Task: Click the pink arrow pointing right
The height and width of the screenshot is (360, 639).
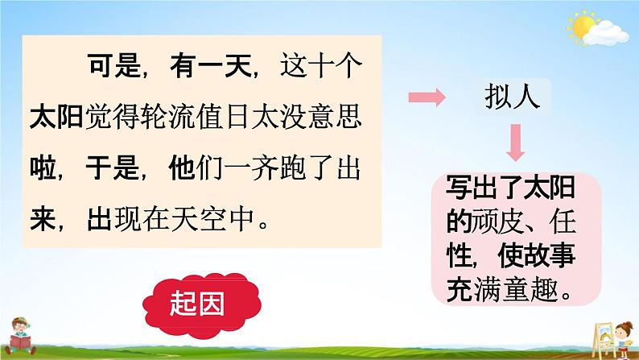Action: (427, 97)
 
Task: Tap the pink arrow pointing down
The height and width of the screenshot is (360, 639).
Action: (516, 143)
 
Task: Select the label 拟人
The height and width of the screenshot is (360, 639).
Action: (513, 97)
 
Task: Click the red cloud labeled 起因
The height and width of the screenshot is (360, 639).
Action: (202, 305)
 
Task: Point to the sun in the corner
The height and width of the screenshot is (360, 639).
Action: (583, 27)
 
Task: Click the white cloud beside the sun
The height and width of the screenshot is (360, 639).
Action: (606, 34)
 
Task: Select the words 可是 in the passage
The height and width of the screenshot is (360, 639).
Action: (114, 66)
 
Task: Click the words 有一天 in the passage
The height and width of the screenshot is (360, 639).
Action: (210, 66)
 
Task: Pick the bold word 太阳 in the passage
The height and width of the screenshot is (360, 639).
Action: (56, 116)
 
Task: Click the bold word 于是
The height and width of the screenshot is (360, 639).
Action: (113, 168)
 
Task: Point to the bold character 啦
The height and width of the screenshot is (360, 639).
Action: (43, 168)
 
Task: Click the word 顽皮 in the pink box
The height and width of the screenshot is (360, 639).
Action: (498, 221)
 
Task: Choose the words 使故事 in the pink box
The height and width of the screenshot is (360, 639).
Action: (537, 256)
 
